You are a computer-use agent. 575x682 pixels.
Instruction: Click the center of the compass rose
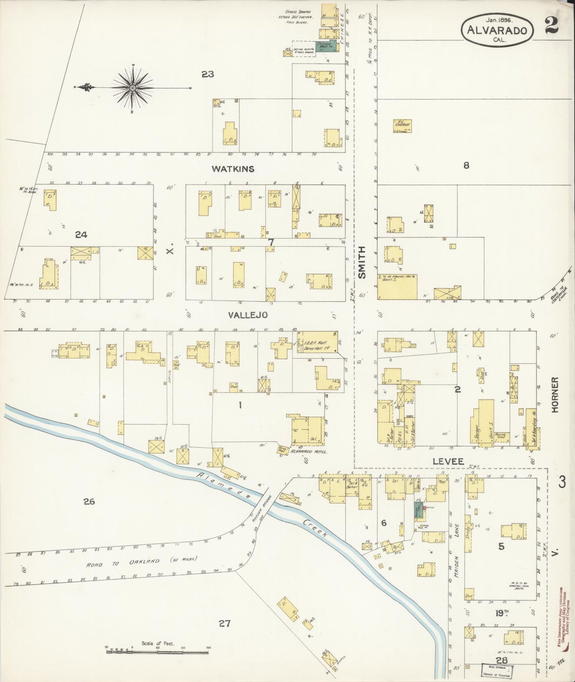(133, 87)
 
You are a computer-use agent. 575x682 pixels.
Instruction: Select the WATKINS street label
(233, 169)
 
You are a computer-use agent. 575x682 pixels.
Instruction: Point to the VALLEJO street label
(248, 315)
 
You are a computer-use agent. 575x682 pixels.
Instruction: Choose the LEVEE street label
(449, 462)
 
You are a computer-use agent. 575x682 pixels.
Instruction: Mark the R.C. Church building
(402, 126)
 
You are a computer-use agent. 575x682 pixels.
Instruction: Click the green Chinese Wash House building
(326, 46)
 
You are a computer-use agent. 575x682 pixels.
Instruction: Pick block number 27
(224, 624)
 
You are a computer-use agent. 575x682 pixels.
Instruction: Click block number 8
(466, 166)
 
